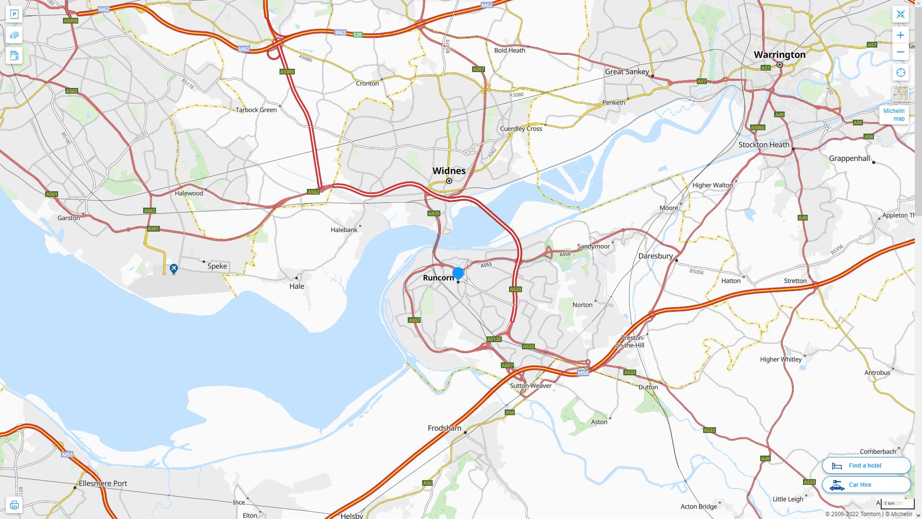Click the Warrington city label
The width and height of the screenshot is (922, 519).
[779, 54]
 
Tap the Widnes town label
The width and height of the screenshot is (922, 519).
[449, 171]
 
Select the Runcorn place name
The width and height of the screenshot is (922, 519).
[438, 278]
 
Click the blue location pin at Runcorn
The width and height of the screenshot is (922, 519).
[458, 273]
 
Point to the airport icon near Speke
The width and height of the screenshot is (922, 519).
[174, 268]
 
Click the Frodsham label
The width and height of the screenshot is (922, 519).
[444, 428]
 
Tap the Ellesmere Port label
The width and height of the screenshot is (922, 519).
[103, 483]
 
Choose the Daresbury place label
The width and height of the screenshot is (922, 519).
[655, 256]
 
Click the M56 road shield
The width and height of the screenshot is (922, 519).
[582, 373]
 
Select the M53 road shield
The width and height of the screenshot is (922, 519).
[67, 454]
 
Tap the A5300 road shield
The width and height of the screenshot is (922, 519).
[287, 72]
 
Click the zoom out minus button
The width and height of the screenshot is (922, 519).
[900, 52]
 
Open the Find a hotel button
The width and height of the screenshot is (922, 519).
[866, 465]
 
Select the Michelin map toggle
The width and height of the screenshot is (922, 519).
[894, 114]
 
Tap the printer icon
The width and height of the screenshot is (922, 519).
[14, 505]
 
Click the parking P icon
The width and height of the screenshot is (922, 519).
[14, 14]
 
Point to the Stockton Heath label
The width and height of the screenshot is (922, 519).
[764, 144]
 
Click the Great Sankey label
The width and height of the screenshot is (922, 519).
[627, 72]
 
